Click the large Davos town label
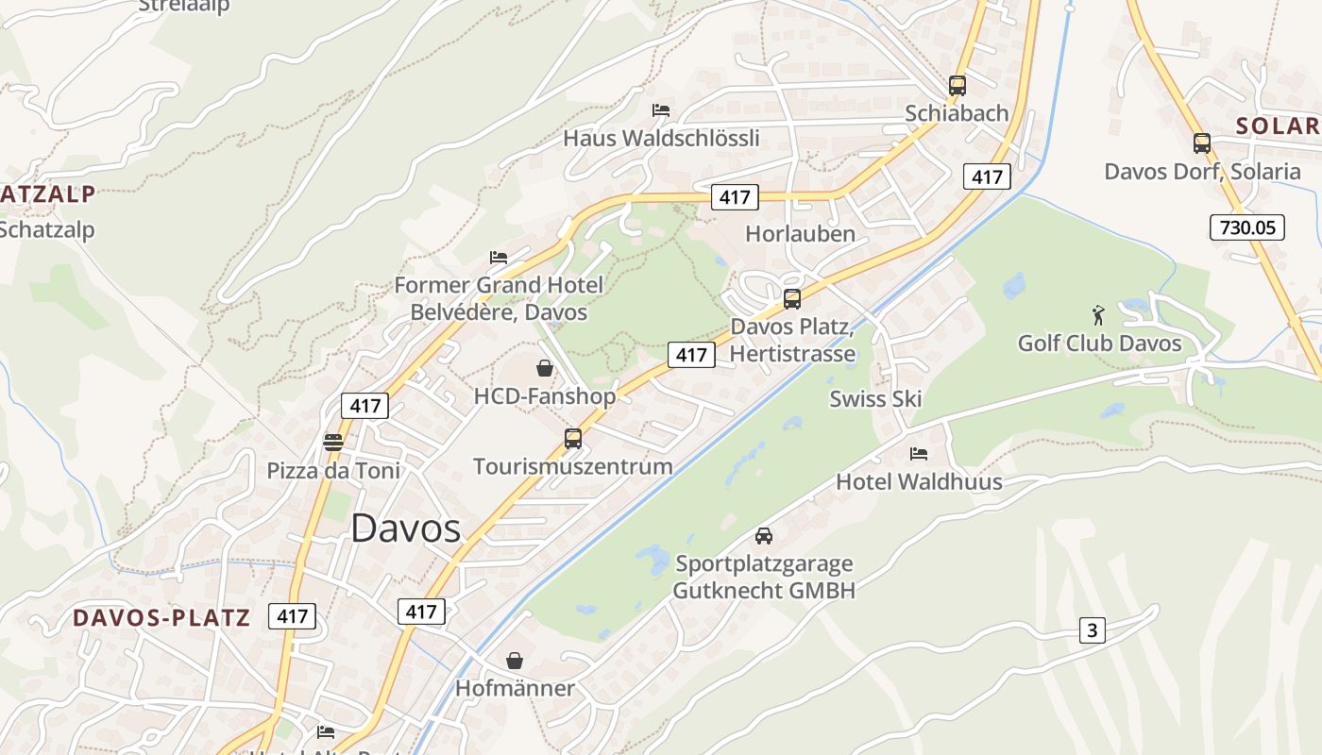(x=405, y=528)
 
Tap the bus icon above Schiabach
(x=958, y=86)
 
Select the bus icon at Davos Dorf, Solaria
(x=1201, y=143)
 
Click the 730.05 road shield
(x=1246, y=226)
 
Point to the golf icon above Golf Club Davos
(x=1097, y=314)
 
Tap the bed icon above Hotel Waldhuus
(x=918, y=454)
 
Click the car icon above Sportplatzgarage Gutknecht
(x=764, y=536)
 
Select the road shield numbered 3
(x=1092, y=630)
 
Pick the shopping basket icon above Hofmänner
(x=515, y=661)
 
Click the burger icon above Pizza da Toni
(x=332, y=442)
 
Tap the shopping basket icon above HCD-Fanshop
(x=545, y=368)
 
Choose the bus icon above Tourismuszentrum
(x=572, y=439)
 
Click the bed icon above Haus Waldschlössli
(x=661, y=110)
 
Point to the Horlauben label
(x=800, y=234)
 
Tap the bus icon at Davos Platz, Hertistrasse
(x=792, y=299)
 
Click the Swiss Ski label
(x=875, y=398)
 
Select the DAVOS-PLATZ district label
(x=161, y=618)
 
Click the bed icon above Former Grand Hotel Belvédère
(x=499, y=257)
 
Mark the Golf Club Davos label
(x=1099, y=343)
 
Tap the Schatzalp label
(x=47, y=229)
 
